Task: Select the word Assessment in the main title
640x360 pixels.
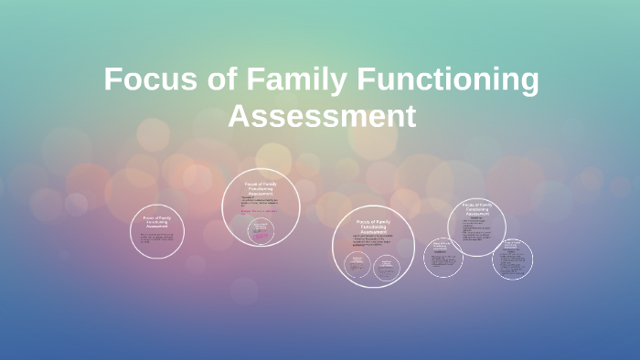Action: (x=321, y=117)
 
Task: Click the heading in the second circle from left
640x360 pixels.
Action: (x=261, y=189)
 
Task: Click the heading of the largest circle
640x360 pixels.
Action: (x=373, y=228)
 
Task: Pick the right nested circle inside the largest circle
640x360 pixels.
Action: (x=387, y=266)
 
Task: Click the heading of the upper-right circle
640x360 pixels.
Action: (x=476, y=208)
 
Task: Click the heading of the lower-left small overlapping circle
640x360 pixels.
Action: (x=443, y=246)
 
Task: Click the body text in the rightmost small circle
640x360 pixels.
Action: (x=512, y=262)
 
